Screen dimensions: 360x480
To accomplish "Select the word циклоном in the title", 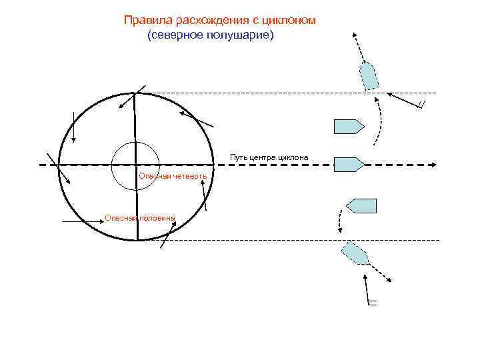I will [x=289, y=21].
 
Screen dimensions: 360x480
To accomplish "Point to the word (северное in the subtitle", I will [x=173, y=35].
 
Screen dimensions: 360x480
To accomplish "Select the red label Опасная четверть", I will [x=172, y=176].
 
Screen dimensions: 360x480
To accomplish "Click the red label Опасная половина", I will [x=141, y=217].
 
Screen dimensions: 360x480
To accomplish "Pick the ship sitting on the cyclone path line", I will [x=348, y=163].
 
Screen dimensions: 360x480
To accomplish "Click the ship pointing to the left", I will [x=361, y=205].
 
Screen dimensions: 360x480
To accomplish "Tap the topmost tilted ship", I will [x=369, y=75].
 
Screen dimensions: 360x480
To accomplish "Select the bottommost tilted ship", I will [x=355, y=253].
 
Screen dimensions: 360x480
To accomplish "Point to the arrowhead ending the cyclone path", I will [x=433, y=163].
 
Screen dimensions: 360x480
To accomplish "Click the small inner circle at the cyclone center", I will [x=135, y=165].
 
